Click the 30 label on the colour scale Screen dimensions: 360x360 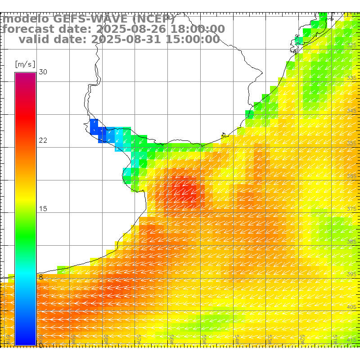[x=43, y=72]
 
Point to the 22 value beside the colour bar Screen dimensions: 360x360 [x=43, y=140]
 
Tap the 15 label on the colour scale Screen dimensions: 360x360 [x=43, y=209]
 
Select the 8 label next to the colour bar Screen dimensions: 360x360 [x=41, y=277]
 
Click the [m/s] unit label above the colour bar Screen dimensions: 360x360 [x=25, y=64]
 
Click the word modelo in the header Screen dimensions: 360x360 [x=26, y=19]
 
